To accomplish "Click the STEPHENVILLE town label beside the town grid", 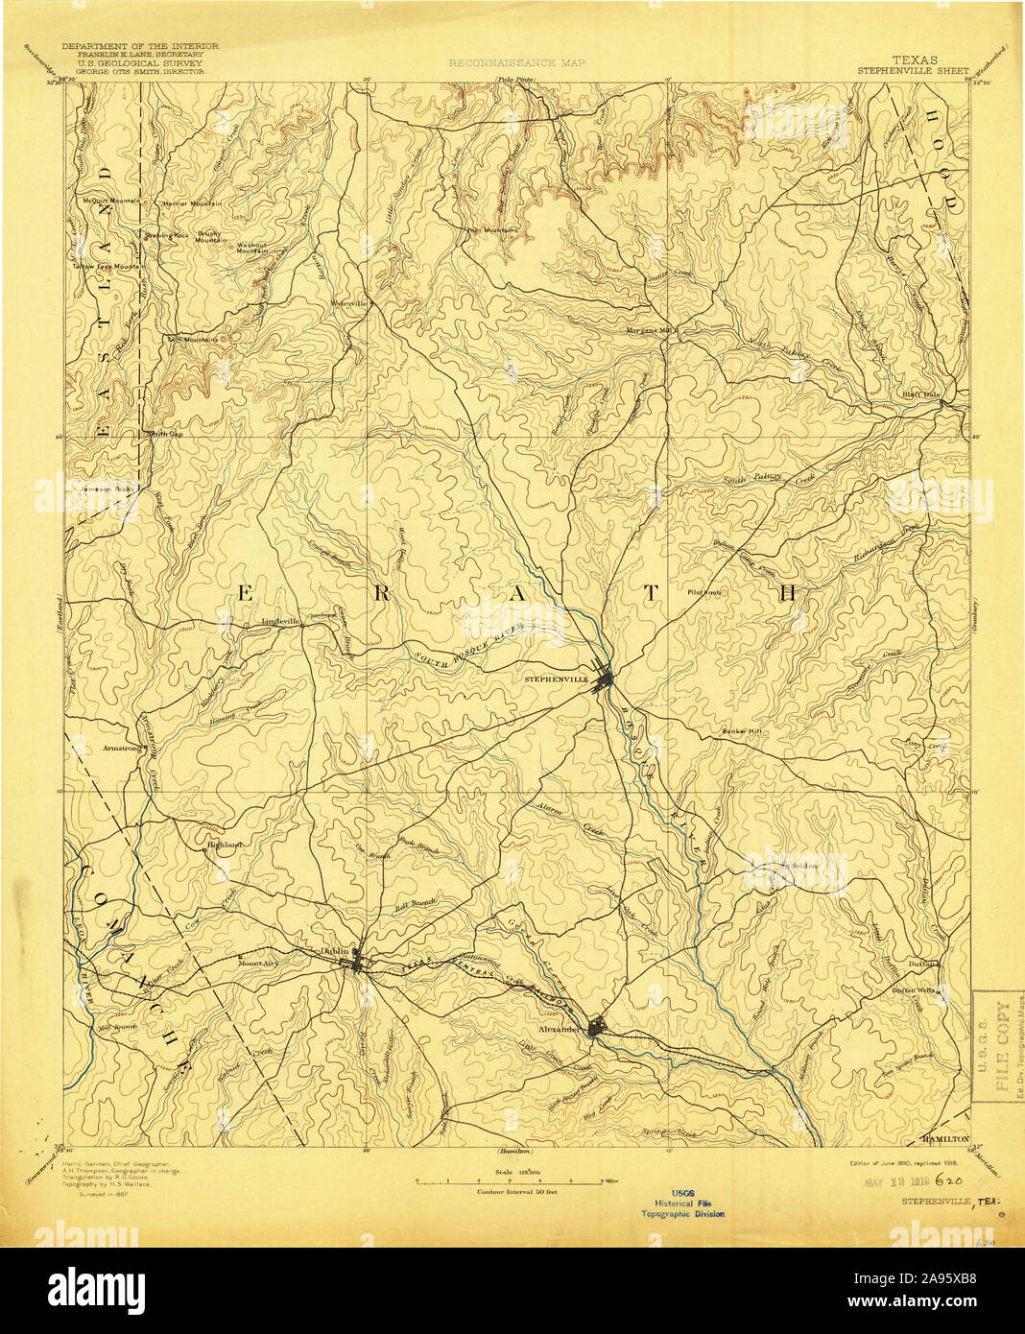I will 556,679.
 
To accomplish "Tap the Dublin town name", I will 334,951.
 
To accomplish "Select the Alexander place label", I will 560,1029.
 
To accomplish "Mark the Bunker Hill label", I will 742,732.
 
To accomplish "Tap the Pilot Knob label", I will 703,592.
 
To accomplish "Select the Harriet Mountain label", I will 192,203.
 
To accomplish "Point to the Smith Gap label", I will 163,434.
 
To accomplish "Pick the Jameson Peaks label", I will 107,489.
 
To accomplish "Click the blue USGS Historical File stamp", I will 683,1203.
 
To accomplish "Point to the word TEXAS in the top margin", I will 916,60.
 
